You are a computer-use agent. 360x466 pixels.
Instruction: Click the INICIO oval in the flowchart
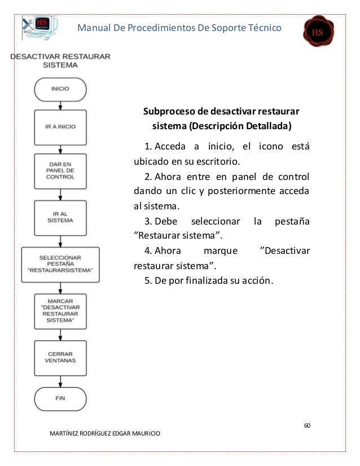(x=60, y=89)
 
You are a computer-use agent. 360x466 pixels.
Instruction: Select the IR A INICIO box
(x=60, y=128)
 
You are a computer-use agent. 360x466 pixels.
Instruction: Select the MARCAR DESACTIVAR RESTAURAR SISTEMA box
(x=60, y=312)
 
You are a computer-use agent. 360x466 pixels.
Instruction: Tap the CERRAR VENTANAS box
(x=60, y=357)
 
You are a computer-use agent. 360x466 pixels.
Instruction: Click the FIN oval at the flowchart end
(x=60, y=398)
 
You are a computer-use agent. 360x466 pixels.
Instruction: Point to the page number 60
(x=306, y=424)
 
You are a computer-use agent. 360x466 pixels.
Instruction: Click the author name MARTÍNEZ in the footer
(x=68, y=433)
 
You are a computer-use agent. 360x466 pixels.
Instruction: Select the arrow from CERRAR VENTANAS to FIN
(x=60, y=378)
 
